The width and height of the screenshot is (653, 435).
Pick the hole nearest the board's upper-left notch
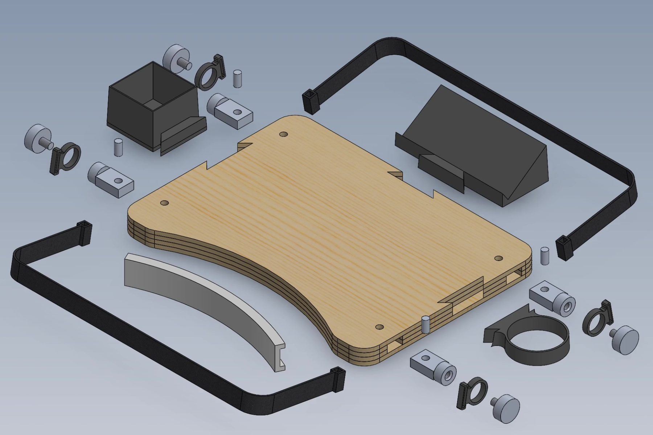point(283,134)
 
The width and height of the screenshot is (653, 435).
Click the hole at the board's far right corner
point(499,258)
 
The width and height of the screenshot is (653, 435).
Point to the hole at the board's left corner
point(164,203)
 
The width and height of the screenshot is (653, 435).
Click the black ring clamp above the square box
point(209,75)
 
